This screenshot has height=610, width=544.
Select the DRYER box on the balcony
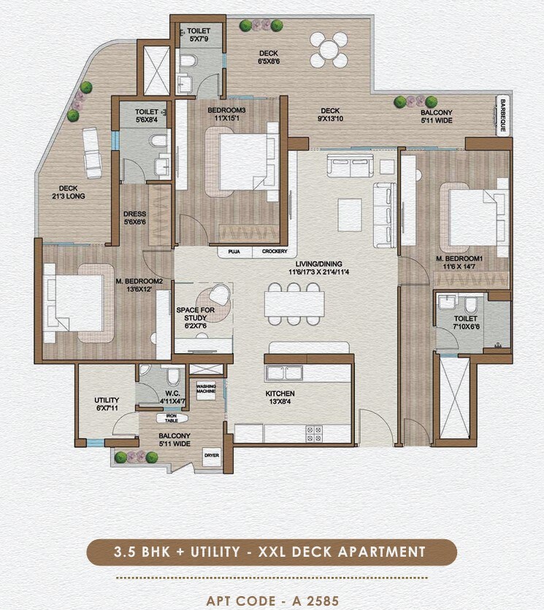[x=211, y=455]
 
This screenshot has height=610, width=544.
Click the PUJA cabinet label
[x=235, y=252]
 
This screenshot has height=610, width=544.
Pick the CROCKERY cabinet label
[x=274, y=252]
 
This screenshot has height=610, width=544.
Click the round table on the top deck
[x=329, y=50]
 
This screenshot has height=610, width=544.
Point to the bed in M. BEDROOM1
[x=475, y=217]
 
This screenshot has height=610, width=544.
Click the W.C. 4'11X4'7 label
[x=173, y=397]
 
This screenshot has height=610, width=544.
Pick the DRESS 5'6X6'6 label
[x=135, y=217]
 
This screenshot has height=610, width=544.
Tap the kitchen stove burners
[x=315, y=433]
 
